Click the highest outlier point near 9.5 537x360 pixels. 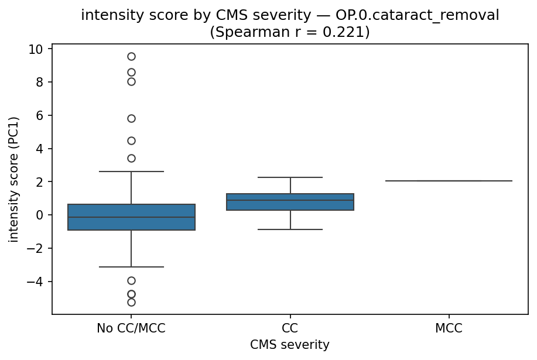pyautogui.click(x=131, y=57)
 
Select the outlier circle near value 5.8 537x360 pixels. pyautogui.click(x=131, y=118)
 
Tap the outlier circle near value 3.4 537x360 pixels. pyautogui.click(x=131, y=158)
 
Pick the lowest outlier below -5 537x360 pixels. pyautogui.click(x=131, y=302)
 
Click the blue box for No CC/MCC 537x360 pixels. pyautogui.click(x=131, y=217)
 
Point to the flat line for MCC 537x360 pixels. pyautogui.click(x=449, y=181)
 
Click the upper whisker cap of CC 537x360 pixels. pyautogui.click(x=290, y=177)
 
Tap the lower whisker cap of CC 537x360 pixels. pyautogui.click(x=290, y=229)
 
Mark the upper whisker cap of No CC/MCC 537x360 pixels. pyautogui.click(x=131, y=172)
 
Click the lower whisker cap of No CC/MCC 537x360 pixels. pyautogui.click(x=131, y=267)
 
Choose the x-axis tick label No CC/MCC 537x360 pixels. pyautogui.click(x=131, y=328)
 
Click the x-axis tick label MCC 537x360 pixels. pyautogui.click(x=449, y=328)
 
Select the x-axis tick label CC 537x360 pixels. pyautogui.click(x=290, y=328)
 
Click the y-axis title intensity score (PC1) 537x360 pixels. pyautogui.click(x=13, y=179)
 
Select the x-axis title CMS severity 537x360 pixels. pyautogui.click(x=290, y=345)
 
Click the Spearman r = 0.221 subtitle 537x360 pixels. pyautogui.click(x=290, y=32)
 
